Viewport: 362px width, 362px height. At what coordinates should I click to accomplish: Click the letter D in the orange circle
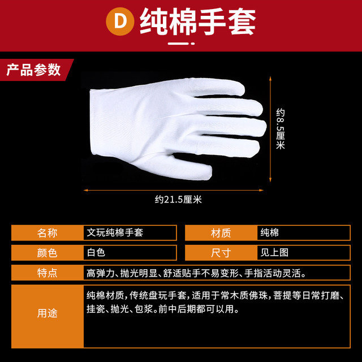tap(120, 21)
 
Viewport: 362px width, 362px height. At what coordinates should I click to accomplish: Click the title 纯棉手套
tap(197, 21)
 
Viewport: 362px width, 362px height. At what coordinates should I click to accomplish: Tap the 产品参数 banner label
tap(33, 70)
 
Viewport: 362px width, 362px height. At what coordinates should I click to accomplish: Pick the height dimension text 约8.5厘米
tap(280, 130)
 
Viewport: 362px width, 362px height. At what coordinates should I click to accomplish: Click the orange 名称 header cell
tap(48, 232)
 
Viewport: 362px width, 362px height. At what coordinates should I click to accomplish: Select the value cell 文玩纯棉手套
tap(130, 232)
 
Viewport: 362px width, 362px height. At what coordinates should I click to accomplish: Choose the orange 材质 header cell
tap(221, 232)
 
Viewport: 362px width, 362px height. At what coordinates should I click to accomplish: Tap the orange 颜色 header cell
tap(48, 252)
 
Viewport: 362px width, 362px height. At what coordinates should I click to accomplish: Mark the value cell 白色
tap(130, 252)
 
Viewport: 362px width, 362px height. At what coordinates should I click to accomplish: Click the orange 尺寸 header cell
tap(221, 252)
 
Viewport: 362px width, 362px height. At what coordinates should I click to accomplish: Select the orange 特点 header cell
tap(48, 273)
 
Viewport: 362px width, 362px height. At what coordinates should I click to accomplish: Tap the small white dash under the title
tap(180, 43)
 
